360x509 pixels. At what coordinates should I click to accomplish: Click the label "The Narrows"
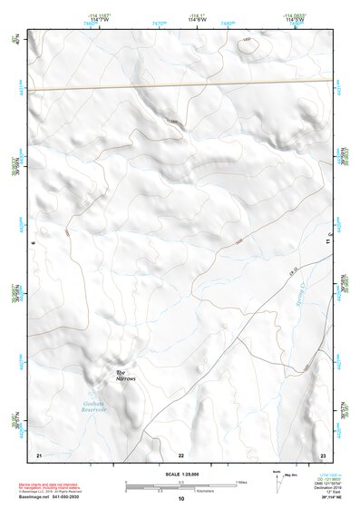pos(124,376)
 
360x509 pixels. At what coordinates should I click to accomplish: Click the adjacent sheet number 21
pos(38,453)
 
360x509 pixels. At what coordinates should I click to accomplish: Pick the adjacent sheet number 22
pos(180,453)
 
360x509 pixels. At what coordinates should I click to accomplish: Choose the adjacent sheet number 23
pos(323,453)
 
